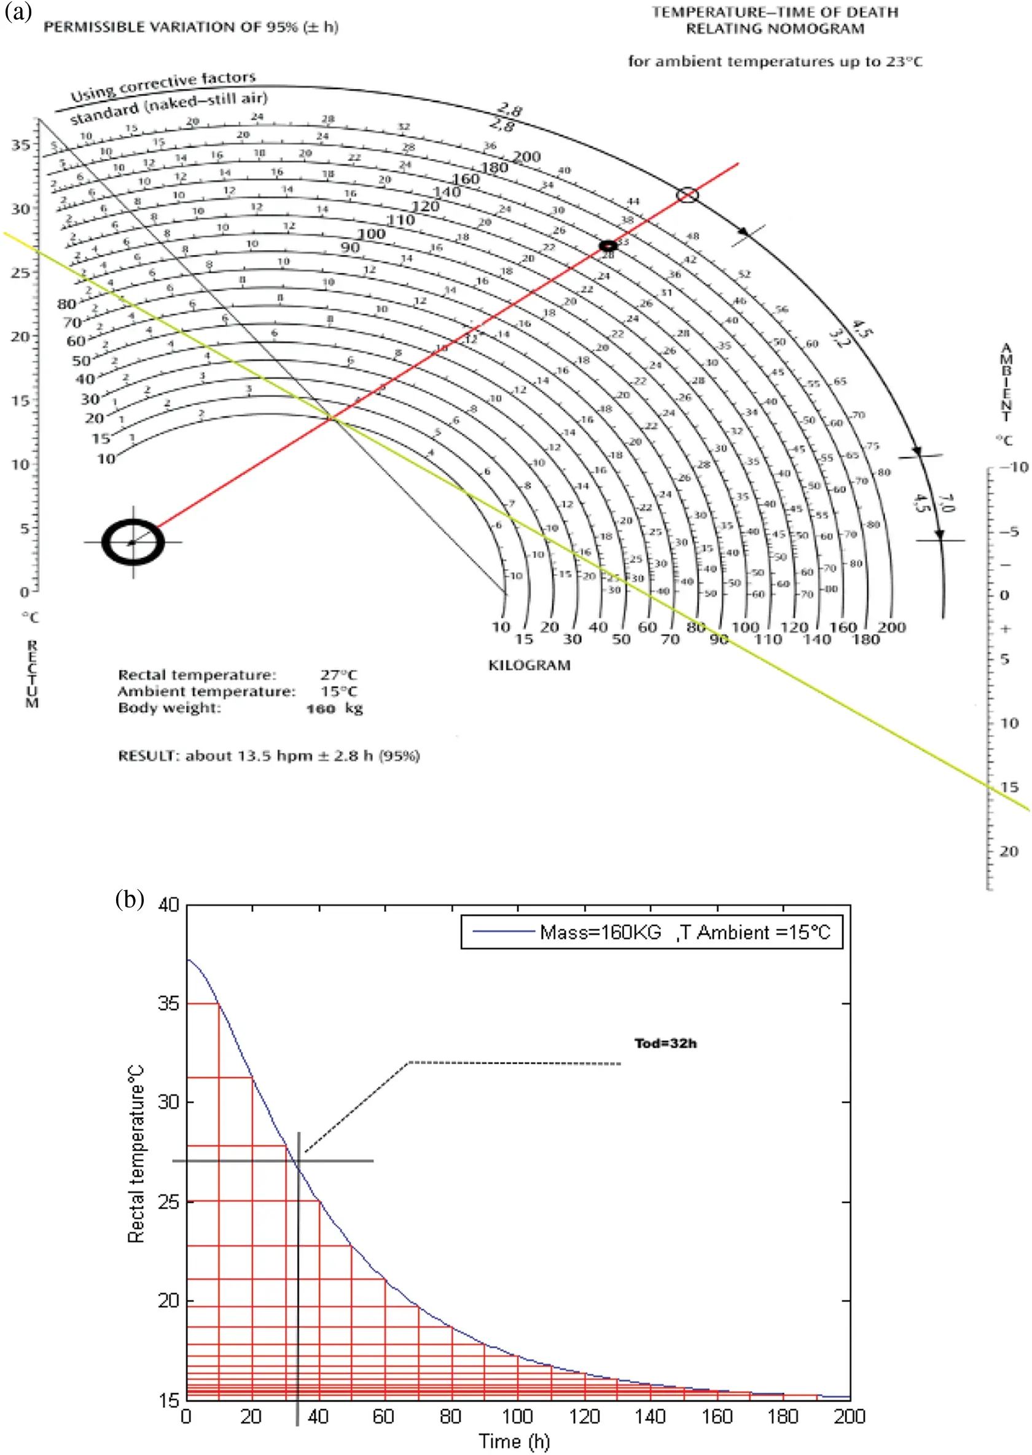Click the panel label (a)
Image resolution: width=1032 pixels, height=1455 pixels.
[x=18, y=11]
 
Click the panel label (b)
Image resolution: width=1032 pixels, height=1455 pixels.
[x=130, y=900]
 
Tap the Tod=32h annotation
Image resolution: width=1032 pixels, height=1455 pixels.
[x=665, y=1043]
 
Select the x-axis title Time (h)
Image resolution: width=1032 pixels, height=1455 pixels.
[x=514, y=1440]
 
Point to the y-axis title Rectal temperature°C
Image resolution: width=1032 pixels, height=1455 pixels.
[x=136, y=1154]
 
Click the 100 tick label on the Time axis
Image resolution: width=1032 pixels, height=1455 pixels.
[x=517, y=1416]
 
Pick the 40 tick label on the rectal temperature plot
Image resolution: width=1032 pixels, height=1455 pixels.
[x=168, y=904]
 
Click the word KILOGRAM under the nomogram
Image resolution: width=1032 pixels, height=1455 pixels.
[x=530, y=665]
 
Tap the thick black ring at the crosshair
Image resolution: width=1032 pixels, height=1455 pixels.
[x=133, y=542]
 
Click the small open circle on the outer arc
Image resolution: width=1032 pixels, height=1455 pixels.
[x=687, y=195]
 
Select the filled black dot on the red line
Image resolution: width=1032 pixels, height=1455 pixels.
[x=608, y=246]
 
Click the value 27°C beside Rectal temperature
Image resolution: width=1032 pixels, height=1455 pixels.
[x=338, y=675]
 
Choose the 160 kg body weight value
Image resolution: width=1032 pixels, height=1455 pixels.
[x=334, y=708]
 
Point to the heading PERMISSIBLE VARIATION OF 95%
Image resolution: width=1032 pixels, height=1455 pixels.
[x=190, y=26]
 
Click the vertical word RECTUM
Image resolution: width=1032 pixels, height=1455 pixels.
[x=32, y=674]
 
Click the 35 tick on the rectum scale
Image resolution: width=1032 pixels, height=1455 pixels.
[x=20, y=145]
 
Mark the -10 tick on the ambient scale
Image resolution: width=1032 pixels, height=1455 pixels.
[x=1014, y=467]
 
